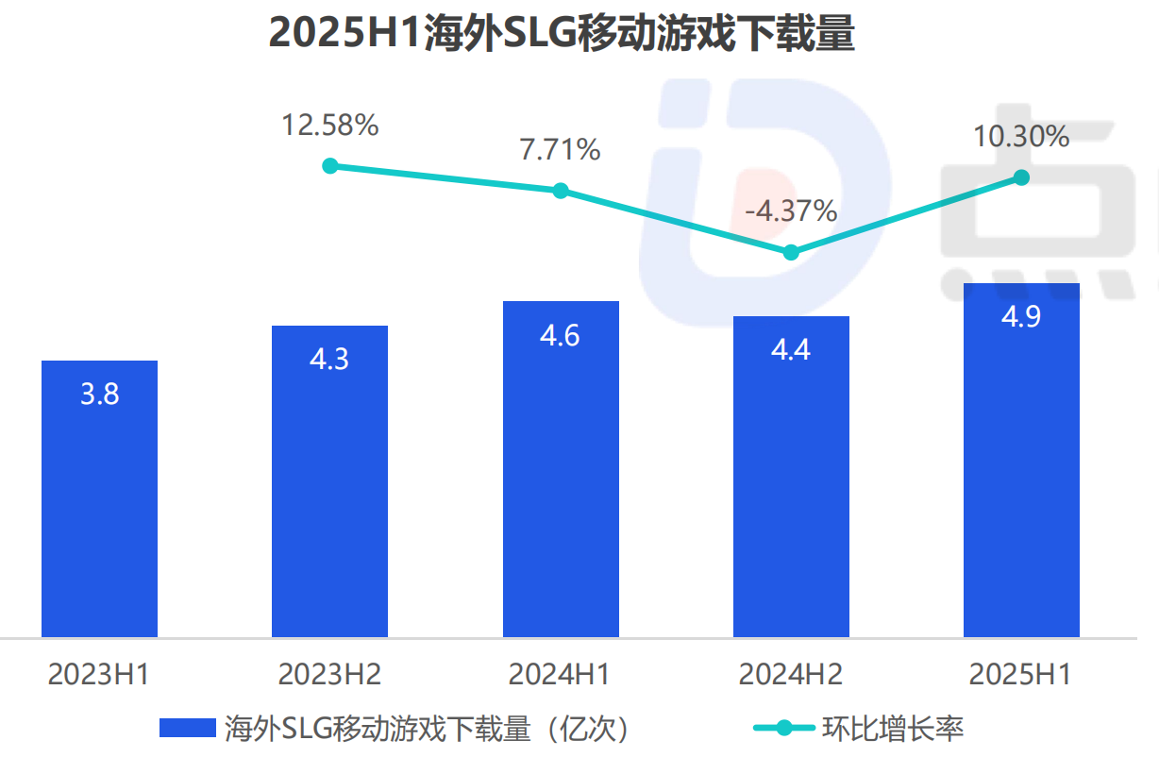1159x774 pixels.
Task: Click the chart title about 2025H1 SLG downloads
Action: point(562,34)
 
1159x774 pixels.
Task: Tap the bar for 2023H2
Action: point(329,481)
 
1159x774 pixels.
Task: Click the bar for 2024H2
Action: point(791,477)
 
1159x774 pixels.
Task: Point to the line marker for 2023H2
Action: point(329,166)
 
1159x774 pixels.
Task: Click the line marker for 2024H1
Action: point(561,191)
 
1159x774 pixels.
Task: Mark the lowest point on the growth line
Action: point(791,252)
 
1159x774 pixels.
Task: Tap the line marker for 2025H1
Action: point(1021,177)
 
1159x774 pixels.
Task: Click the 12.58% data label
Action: point(329,125)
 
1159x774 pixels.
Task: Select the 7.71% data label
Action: point(560,149)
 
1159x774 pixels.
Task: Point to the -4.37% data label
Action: point(791,210)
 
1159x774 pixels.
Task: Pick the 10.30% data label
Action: point(1021,137)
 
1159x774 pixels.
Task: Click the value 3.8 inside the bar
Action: point(99,394)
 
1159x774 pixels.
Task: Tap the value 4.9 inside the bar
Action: point(1021,316)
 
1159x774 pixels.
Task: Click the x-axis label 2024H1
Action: point(560,674)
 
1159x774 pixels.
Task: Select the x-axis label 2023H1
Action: point(99,674)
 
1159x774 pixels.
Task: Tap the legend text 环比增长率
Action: point(892,728)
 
